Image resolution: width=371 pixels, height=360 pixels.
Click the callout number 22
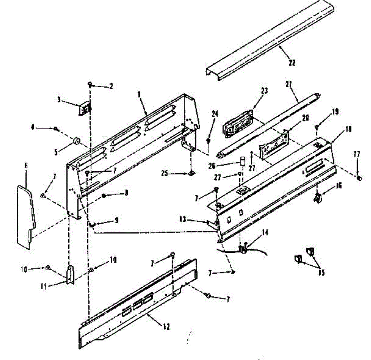292,63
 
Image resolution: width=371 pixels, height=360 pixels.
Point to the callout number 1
139,94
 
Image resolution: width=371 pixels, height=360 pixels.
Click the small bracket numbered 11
70,274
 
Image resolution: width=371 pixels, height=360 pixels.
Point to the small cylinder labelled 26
243,161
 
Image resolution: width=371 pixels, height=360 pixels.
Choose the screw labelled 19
317,126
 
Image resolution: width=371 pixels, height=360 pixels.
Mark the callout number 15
322,273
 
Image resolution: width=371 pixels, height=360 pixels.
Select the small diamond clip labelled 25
191,174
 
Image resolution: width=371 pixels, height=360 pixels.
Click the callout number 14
265,233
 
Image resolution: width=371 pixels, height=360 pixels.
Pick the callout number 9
116,221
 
